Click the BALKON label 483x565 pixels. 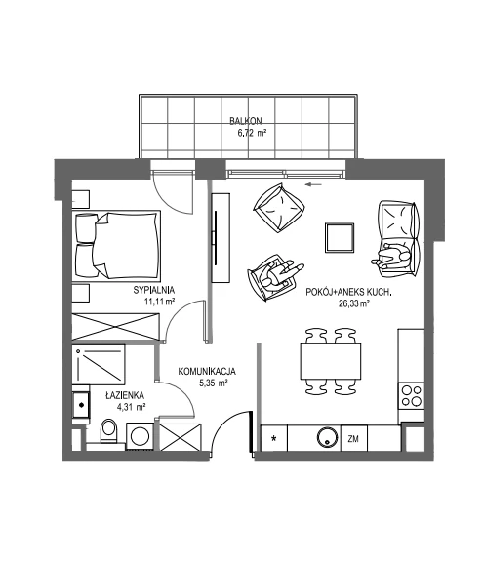pyautogui.click(x=246, y=121)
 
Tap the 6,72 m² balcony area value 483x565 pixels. pyautogui.click(x=252, y=133)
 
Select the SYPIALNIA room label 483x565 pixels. pyautogui.click(x=154, y=290)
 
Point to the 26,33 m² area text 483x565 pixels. pyautogui.click(x=353, y=303)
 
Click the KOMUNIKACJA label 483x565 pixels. pyautogui.click(x=207, y=372)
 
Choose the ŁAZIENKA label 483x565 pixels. pyautogui.click(x=125, y=395)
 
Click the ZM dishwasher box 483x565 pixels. pyautogui.click(x=353, y=438)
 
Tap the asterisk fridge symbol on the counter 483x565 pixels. pyautogui.click(x=274, y=439)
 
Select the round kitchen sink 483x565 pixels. pyautogui.click(x=328, y=437)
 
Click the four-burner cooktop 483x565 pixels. pyautogui.click(x=412, y=395)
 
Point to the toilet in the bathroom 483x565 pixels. pyautogui.click(x=108, y=431)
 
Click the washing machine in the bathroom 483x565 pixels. pyautogui.click(x=140, y=436)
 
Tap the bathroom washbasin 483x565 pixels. pyautogui.click(x=81, y=405)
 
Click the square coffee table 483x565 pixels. pyautogui.click(x=340, y=237)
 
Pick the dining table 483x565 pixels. pyautogui.click(x=331, y=361)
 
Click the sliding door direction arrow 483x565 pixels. pyautogui.click(x=313, y=185)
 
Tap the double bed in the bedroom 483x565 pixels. pyautogui.click(x=116, y=246)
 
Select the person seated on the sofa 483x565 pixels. pyautogui.click(x=391, y=257)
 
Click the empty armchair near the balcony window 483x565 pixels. pyautogui.click(x=279, y=207)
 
